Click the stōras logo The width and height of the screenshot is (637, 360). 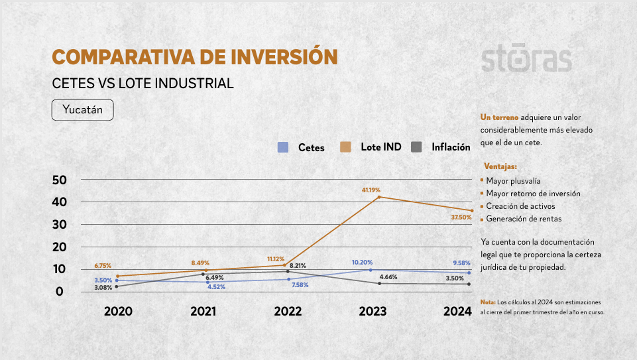pos(526,58)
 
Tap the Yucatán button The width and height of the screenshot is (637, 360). pos(83,110)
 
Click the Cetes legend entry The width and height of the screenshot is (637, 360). pos(302,148)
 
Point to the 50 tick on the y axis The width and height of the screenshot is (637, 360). pos(60,180)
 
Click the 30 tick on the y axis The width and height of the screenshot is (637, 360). pos(60,224)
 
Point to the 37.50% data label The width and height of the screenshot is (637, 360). pos(461,217)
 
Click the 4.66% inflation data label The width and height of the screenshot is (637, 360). pos(388,277)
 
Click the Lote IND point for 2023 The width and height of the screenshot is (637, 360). pos(379,197)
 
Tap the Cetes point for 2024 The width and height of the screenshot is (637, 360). pos(469,272)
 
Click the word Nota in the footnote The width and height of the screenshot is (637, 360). pos(487,302)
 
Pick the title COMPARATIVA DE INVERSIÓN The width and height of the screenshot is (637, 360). pos(195,57)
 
